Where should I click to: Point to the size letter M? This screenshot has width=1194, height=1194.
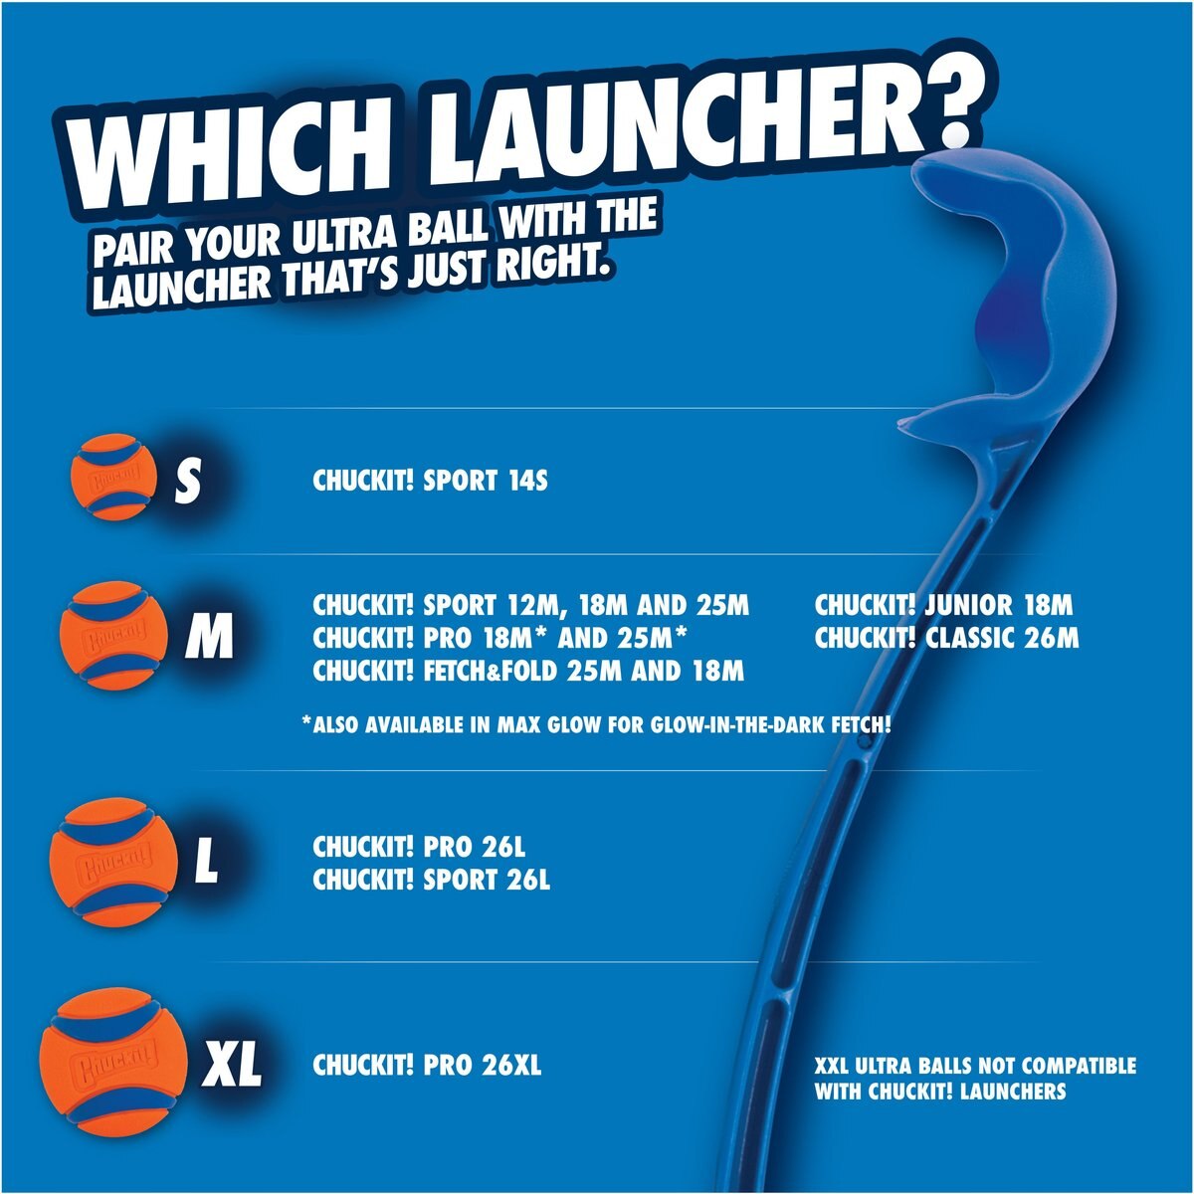(209, 636)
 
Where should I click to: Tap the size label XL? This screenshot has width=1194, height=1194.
(231, 1066)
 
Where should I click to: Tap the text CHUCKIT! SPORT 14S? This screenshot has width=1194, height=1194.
(430, 481)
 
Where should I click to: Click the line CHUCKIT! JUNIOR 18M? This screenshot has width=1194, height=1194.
(943, 605)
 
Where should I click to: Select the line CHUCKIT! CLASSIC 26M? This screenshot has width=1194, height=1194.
(945, 638)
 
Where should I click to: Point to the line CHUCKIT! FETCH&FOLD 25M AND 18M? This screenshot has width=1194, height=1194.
(527, 671)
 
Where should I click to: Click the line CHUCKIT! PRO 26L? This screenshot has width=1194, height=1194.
(418, 847)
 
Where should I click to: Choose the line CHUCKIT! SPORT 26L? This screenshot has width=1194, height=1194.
(431, 880)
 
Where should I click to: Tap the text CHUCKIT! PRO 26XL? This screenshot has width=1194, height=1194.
(427, 1066)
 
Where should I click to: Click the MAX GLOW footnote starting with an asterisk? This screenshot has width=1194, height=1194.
(595, 724)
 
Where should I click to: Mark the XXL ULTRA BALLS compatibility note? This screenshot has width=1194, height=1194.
(974, 1079)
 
